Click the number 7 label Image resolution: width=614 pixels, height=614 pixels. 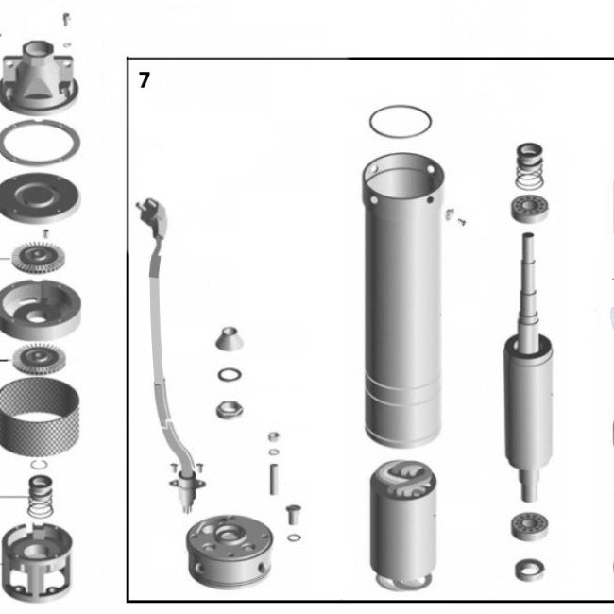tap(145, 80)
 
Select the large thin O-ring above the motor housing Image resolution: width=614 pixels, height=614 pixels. tap(401, 106)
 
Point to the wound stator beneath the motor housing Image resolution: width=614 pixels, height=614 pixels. tap(403, 524)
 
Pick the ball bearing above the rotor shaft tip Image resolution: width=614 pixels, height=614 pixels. tap(529, 209)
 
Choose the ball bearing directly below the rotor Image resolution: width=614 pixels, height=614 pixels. tap(529, 526)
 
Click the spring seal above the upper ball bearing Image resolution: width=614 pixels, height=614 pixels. tap(529, 165)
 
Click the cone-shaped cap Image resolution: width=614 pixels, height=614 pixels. tap(230, 338)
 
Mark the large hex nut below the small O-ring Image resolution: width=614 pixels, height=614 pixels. tap(230, 410)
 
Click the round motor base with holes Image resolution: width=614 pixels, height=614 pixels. tap(230, 553)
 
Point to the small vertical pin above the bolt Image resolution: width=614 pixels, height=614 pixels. tap(274, 479)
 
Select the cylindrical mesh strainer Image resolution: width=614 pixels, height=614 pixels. tap(39, 417)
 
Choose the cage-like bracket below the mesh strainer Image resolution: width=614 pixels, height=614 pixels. tap(36, 562)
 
